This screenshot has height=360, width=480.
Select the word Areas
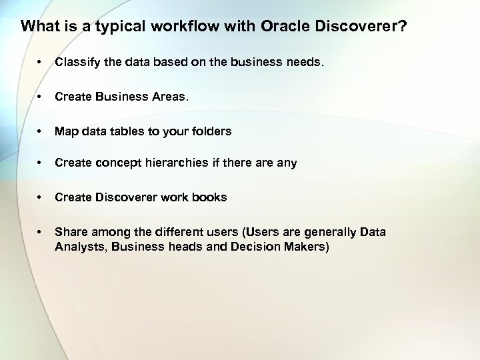pyautogui.click(x=169, y=97)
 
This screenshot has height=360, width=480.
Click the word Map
pyautogui.click(x=65, y=131)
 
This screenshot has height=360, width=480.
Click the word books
pyautogui.click(x=211, y=197)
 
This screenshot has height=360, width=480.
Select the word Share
pyautogui.click(x=69, y=232)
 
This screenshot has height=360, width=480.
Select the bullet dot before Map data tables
pyautogui.click(x=41, y=132)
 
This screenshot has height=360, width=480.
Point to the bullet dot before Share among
pyautogui.click(x=41, y=233)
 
